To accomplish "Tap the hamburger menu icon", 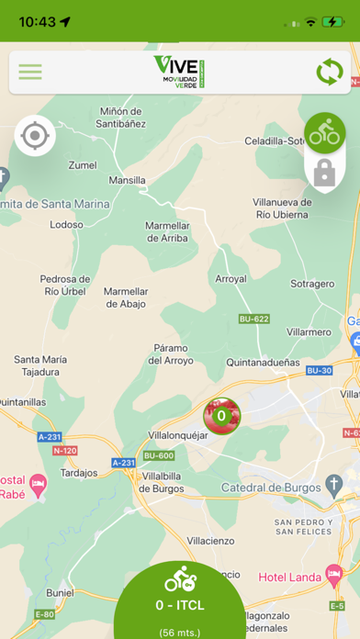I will point(30,72).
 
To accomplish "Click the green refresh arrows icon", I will point(329,72).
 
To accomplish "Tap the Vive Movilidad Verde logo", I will point(179,72).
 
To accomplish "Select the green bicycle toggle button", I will point(325,134).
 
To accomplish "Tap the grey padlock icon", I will point(323,173).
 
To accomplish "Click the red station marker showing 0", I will point(221,416).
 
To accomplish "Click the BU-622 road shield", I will point(253,319).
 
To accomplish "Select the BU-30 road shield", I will point(320,370).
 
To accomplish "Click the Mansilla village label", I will point(127,181).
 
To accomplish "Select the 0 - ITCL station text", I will point(179,605).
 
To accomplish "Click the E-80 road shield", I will point(44,614).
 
